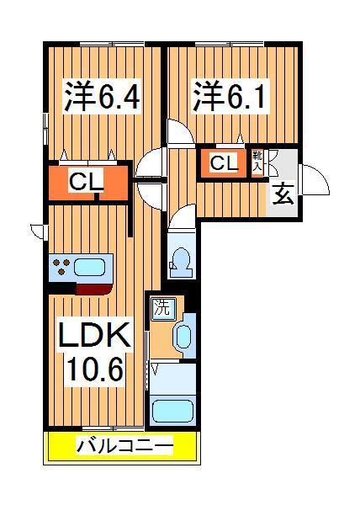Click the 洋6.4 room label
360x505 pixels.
click(x=100, y=96)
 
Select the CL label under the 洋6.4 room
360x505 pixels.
click(x=86, y=180)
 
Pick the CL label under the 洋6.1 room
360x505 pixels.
click(x=224, y=162)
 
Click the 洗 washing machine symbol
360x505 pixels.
click(x=160, y=308)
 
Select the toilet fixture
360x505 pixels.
click(x=180, y=260)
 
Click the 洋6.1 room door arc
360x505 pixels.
click(x=178, y=131)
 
